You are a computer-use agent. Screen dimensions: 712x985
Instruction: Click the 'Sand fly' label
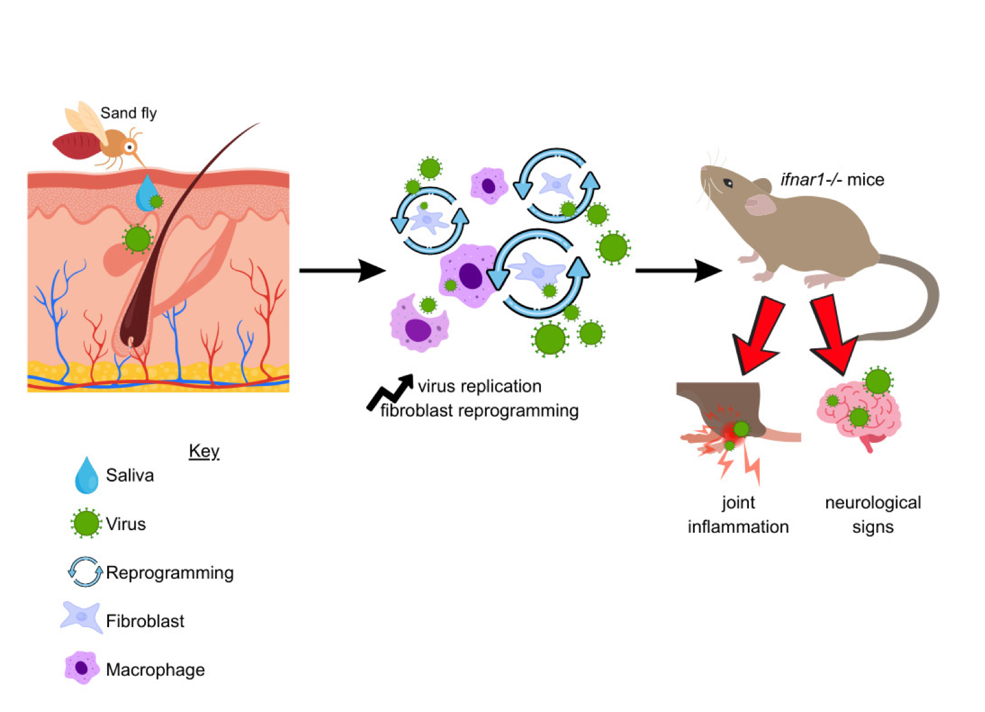[x=128, y=113]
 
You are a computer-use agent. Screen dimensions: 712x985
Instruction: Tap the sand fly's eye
[x=130, y=147]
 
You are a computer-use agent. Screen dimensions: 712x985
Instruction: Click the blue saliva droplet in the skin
[x=147, y=192]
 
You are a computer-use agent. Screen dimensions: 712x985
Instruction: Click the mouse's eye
[x=728, y=184]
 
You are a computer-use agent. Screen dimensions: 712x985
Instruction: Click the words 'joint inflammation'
[x=738, y=515]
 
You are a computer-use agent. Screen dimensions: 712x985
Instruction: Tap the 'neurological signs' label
[x=873, y=515]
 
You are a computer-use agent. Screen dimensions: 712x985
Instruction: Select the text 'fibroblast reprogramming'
[x=479, y=411]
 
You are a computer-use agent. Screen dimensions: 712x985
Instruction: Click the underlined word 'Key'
[x=204, y=451]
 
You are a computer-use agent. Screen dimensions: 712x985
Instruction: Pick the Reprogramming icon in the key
[x=85, y=572]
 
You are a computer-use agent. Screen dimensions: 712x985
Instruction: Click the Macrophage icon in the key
[x=82, y=668]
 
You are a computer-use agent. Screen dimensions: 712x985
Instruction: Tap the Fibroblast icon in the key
[x=82, y=618]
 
